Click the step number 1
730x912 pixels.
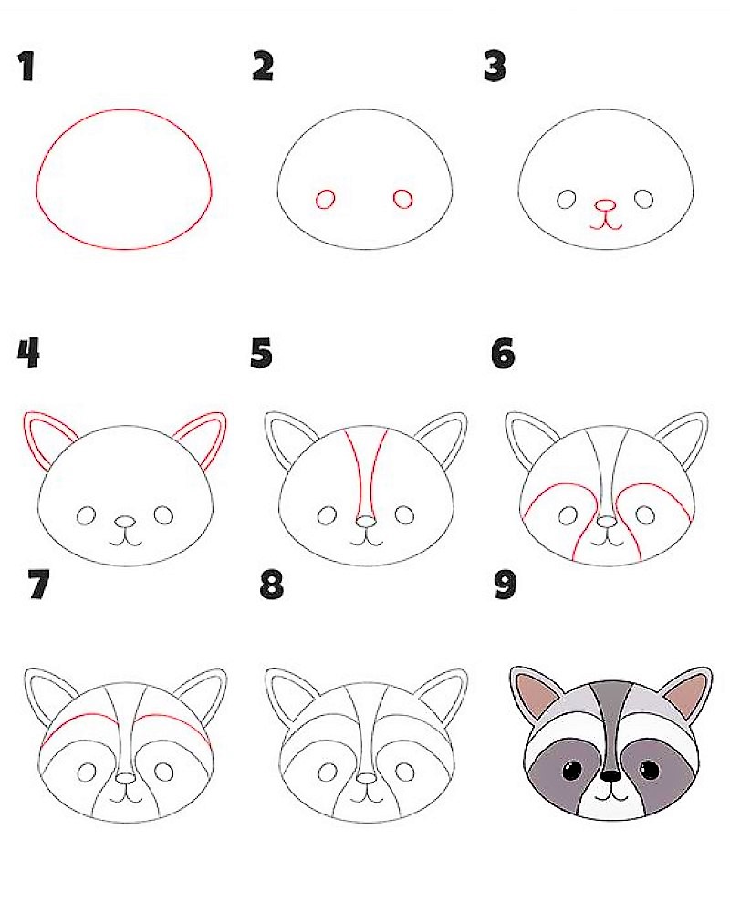pos(26,67)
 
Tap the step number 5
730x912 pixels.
pos(262,354)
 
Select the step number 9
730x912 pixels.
pos(506,586)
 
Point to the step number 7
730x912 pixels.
pos(37,586)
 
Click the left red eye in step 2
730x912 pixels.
pos(325,199)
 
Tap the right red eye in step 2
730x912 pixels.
pos(402,199)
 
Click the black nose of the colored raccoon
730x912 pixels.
pos(610,776)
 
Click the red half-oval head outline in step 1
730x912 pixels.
pos(124,111)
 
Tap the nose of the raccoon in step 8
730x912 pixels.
pos(366,778)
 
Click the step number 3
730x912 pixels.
pos(495,67)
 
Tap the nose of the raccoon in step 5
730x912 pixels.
pos(365,522)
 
